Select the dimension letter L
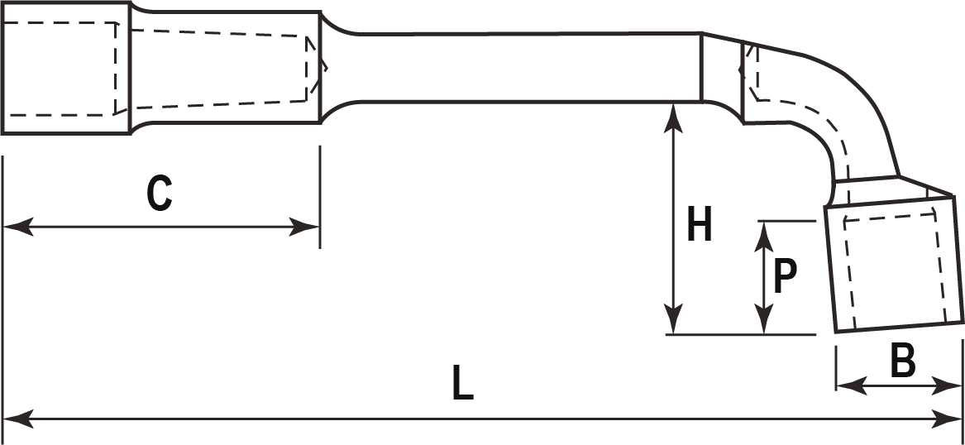coord(463,384)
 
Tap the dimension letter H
coord(700,226)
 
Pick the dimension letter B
coord(901,361)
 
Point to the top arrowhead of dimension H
coord(676,117)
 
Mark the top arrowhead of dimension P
coord(766,234)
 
